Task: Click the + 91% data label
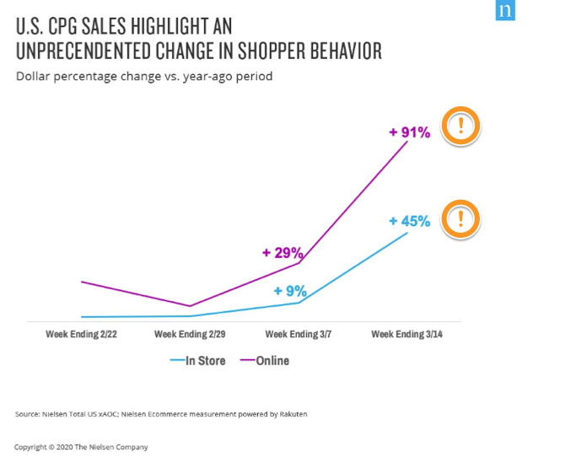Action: click(x=410, y=132)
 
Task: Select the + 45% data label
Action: click(x=410, y=222)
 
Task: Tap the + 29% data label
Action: click(x=282, y=252)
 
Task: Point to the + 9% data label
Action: click(x=290, y=291)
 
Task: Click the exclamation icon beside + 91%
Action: click(x=461, y=127)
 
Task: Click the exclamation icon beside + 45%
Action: click(x=461, y=220)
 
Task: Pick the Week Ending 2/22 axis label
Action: click(x=81, y=335)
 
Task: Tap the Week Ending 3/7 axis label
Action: click(x=299, y=335)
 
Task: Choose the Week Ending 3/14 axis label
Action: click(x=407, y=335)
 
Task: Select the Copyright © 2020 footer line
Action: click(x=80, y=447)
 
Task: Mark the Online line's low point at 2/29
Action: click(x=191, y=306)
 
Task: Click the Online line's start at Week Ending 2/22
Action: click(x=82, y=282)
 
